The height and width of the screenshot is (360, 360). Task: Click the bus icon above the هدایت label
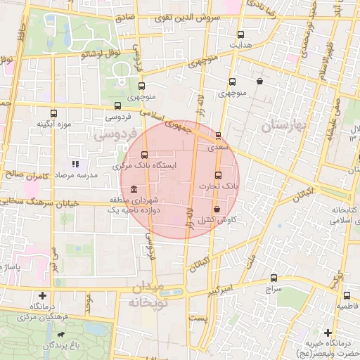pos(241,34)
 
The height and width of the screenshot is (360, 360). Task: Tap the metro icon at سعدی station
pos(218,136)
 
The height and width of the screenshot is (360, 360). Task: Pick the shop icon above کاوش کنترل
pos(216,210)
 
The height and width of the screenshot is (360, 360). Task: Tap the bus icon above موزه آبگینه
pos(54,112)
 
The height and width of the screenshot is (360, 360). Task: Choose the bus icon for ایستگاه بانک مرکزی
pos(145,155)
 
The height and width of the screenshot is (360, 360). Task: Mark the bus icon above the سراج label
pos(274,278)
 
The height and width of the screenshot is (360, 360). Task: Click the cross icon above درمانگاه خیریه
pos(328,333)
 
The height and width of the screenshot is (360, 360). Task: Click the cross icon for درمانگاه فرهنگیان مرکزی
pos(44,296)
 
